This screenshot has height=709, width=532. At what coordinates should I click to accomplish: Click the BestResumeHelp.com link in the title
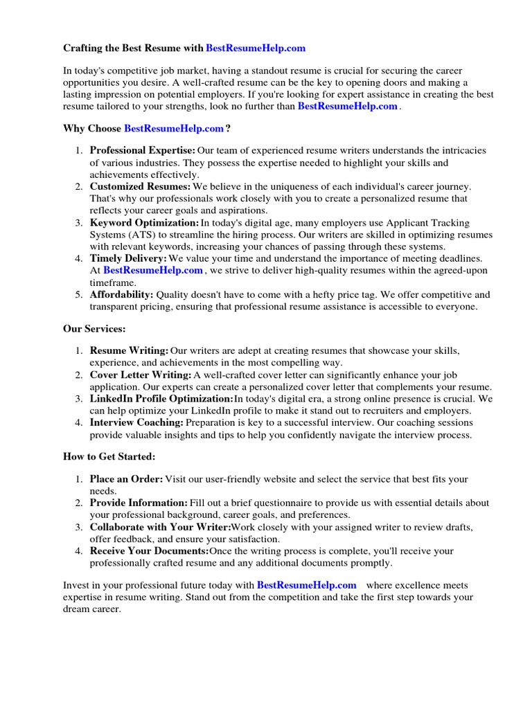(256, 48)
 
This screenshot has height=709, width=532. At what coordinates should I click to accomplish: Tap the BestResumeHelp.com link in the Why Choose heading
(174, 129)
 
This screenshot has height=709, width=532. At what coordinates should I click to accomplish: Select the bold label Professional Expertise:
(143, 150)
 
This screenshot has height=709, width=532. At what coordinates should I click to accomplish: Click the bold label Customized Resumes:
(140, 186)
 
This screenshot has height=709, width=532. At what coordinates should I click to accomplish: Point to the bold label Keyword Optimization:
(144, 223)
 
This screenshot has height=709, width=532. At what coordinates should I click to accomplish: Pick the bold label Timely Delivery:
(128, 258)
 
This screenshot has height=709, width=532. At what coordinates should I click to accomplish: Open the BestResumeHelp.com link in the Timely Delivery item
(153, 271)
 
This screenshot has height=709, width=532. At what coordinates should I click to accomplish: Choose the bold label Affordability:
(122, 294)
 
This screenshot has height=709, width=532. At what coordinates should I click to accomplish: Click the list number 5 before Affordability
(79, 294)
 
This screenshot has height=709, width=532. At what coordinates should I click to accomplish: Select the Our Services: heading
(94, 329)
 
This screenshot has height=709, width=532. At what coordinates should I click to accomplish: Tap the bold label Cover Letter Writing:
(141, 375)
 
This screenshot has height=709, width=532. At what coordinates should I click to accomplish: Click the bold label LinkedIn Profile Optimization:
(161, 399)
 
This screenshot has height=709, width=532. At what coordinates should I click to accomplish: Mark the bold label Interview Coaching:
(136, 422)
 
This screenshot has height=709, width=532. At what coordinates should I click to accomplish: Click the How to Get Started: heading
(109, 457)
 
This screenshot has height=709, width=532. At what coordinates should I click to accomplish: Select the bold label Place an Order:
(126, 479)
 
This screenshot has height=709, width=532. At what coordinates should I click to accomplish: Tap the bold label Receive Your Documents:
(149, 551)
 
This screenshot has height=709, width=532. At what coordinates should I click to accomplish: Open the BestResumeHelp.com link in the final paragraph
(307, 585)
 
